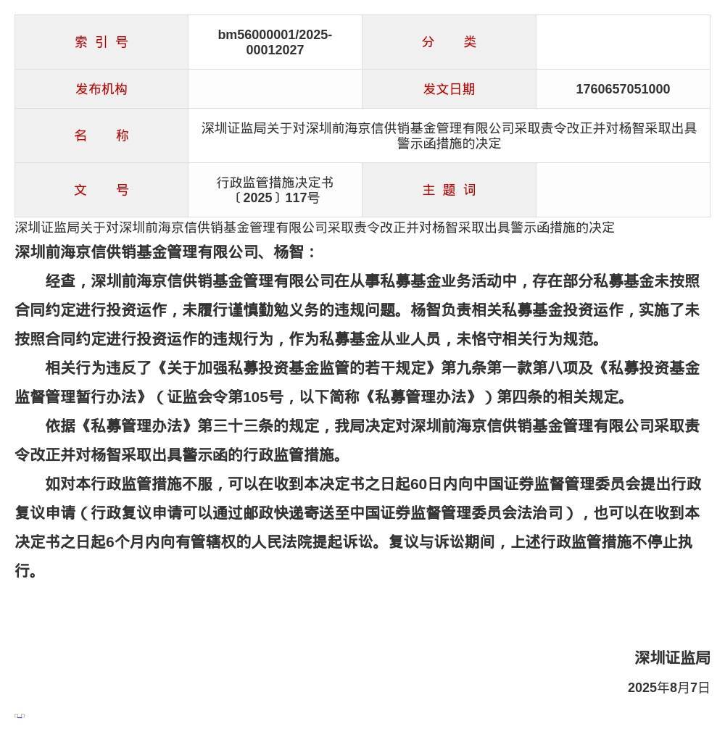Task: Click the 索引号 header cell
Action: [101, 42]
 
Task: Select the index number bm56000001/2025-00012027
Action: [275, 42]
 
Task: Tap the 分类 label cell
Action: [449, 42]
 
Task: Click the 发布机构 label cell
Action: [101, 89]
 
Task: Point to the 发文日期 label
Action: [449, 89]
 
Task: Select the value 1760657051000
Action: [623, 89]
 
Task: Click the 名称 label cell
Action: [101, 136]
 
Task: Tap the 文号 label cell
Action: [101, 190]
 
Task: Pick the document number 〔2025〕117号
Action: [275, 198]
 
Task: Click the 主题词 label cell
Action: [449, 190]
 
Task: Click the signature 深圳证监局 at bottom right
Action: [672, 657]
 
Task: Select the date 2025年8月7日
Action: [668, 688]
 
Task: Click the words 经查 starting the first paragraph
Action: [60, 281]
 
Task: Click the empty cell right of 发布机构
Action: [275, 89]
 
